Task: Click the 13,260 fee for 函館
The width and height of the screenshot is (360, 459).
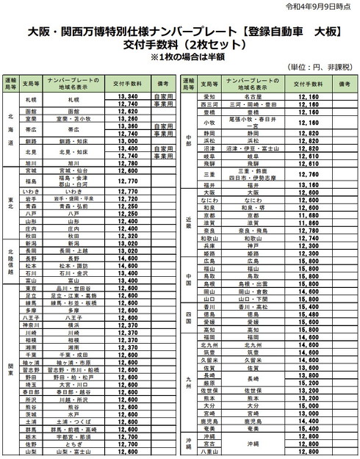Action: tap(127, 111)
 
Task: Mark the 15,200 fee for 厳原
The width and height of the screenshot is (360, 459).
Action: tap(309, 383)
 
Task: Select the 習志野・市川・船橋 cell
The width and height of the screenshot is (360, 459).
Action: tap(73, 370)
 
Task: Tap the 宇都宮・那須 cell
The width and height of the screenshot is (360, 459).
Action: tap(73, 437)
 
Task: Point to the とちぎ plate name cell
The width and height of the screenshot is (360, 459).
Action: tap(73, 444)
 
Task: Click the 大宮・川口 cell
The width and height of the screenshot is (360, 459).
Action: tap(73, 385)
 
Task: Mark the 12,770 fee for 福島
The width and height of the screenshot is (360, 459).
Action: tap(127, 180)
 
